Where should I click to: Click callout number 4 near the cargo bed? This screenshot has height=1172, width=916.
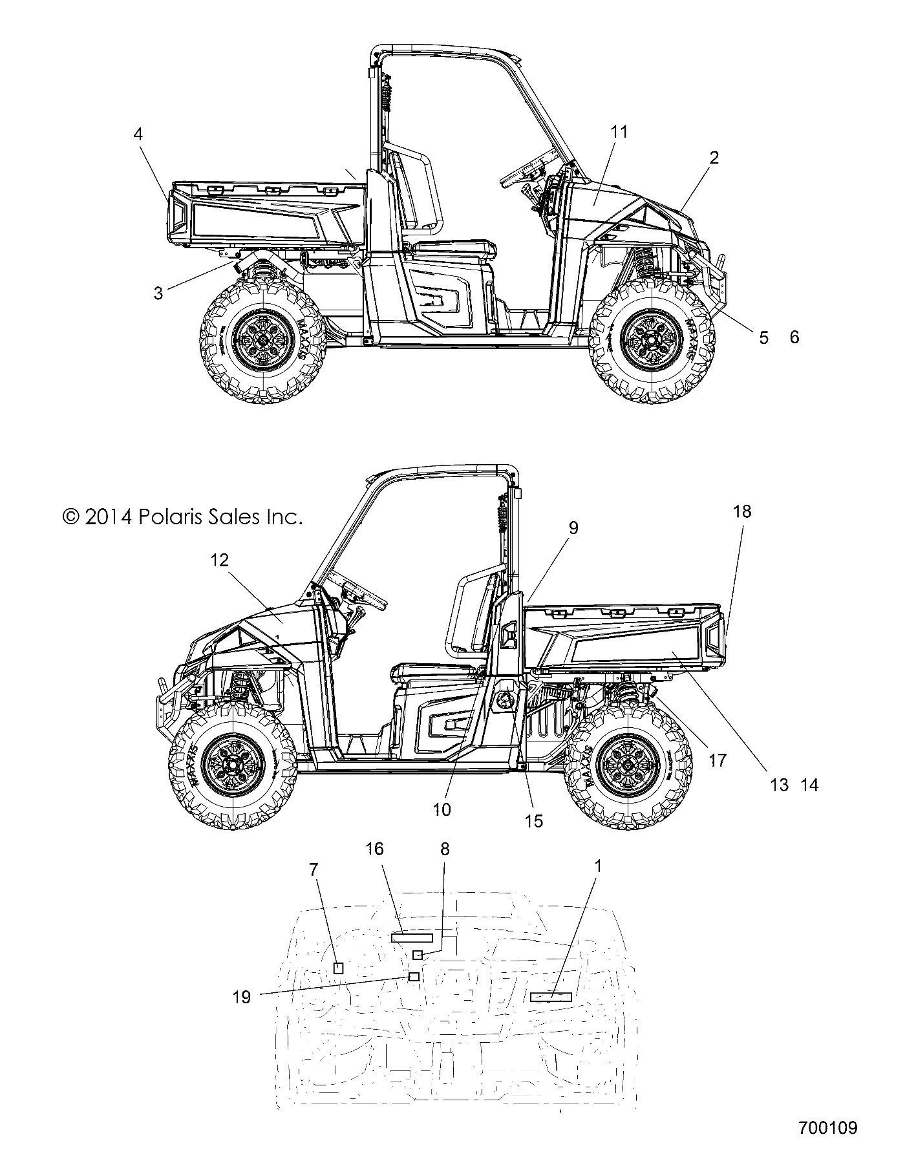[x=138, y=134]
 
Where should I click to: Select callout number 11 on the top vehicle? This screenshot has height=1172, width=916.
[x=619, y=132]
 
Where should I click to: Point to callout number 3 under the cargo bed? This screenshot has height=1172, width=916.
[x=158, y=293]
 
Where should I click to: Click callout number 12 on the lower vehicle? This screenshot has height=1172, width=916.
[x=220, y=560]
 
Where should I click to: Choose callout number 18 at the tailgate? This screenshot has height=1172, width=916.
[x=743, y=511]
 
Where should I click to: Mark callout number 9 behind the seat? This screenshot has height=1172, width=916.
[x=573, y=528]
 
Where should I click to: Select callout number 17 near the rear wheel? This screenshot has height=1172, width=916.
[x=718, y=760]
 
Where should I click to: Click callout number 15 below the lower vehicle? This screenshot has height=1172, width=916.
[x=534, y=821]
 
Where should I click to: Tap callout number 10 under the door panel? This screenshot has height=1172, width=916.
[x=442, y=809]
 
